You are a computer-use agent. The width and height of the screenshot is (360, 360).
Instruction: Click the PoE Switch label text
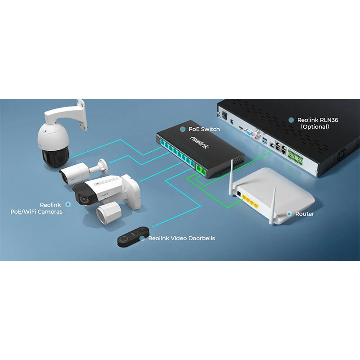(x=204, y=129)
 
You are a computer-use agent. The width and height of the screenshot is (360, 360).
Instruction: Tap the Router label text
(x=305, y=214)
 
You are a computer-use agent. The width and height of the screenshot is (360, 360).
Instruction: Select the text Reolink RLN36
(x=318, y=120)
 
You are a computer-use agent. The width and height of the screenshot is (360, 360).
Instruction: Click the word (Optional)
(x=315, y=127)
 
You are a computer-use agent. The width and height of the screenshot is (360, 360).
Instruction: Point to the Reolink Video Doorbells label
(x=181, y=238)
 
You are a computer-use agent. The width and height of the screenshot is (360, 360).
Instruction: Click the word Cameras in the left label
(x=50, y=211)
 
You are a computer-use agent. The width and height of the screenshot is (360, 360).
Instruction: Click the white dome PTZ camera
(x=53, y=139)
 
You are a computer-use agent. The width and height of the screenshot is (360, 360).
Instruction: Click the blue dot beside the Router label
(x=289, y=214)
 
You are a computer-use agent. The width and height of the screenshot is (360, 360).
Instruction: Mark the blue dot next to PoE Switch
(x=182, y=129)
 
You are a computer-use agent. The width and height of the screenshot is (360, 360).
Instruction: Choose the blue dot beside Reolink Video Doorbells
(x=142, y=238)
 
